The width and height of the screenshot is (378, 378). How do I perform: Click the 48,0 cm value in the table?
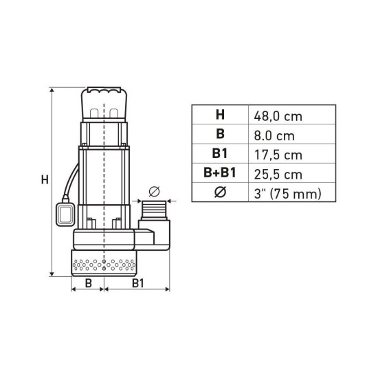coord(278,117)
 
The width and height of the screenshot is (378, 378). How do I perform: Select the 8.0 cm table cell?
coord(274,136)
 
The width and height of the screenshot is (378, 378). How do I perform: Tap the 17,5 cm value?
coord(278,155)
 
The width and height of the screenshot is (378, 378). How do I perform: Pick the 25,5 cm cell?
coord(278,175)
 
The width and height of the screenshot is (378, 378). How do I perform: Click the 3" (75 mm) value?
coord(287,194)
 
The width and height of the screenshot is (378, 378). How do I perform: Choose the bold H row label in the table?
coord(220,115)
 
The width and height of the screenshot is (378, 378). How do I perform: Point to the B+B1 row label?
coord(220,173)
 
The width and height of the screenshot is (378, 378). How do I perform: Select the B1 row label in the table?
coord(220,153)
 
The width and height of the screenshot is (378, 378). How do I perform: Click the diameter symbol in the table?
coord(220,192)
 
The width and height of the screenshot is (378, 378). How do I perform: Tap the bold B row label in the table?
coord(220,134)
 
